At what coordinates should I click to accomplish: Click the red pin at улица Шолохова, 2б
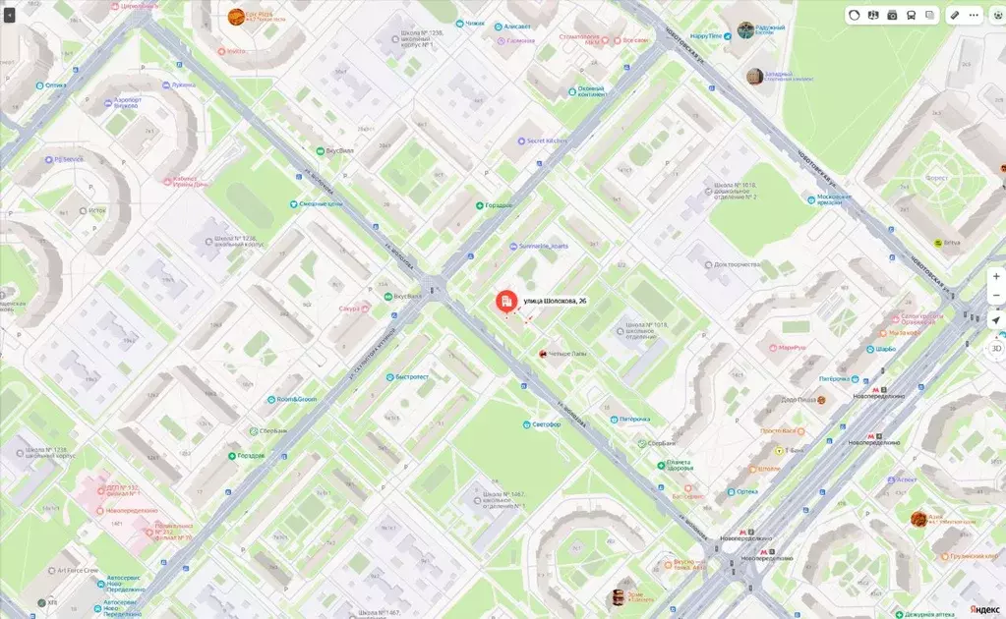[504, 302]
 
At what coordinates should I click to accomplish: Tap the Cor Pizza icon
[236, 17]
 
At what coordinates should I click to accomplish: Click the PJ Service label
[67, 158]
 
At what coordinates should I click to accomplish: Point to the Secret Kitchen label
[548, 141]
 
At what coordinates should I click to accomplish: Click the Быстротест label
[411, 376]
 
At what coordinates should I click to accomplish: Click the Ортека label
[746, 491]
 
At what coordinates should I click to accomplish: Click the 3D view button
[995, 348]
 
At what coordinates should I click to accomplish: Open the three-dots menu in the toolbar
[974, 15]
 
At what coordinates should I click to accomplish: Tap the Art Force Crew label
[77, 569]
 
